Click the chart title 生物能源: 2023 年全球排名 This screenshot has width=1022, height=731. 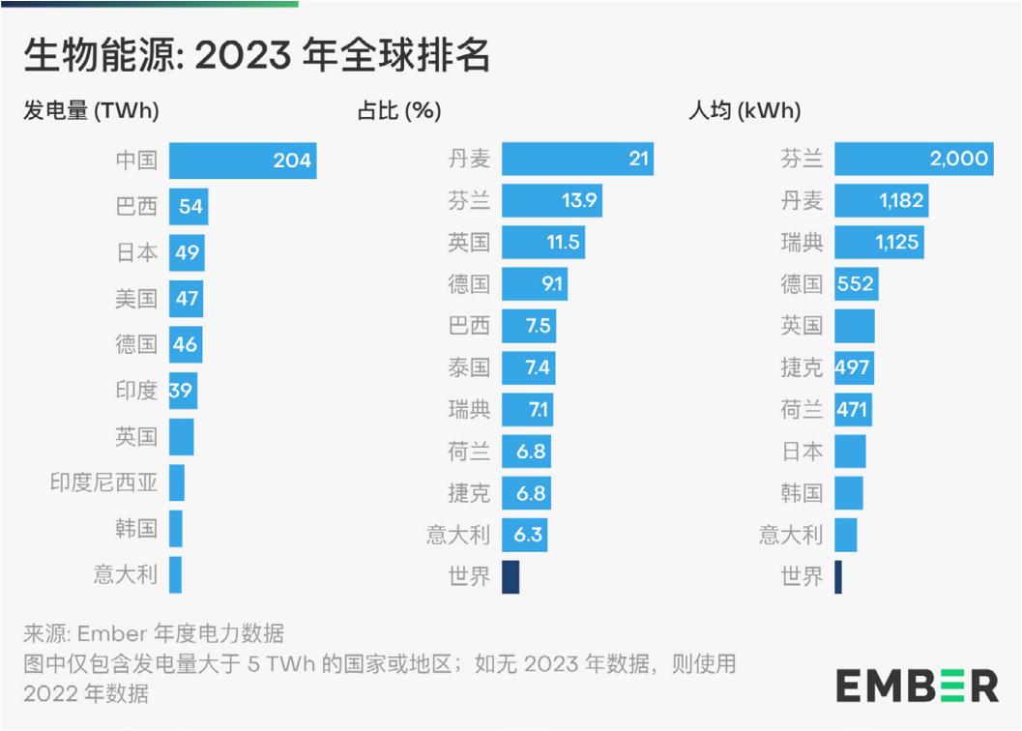[x=257, y=56]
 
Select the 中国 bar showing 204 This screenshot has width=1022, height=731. [x=243, y=161]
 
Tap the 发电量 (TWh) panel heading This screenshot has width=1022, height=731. [x=91, y=111]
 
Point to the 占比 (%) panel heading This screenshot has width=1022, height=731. [x=399, y=111]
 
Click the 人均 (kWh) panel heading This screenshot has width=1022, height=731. [x=745, y=111]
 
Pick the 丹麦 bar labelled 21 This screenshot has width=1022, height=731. [x=577, y=159]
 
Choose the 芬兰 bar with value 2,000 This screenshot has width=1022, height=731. [x=913, y=159]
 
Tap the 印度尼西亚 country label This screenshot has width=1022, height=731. [x=103, y=482]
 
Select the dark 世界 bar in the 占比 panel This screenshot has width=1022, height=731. [x=511, y=577]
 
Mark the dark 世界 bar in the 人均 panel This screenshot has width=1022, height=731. [x=838, y=577]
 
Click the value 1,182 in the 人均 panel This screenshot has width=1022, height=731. [x=901, y=201]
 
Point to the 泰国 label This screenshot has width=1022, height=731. [x=469, y=367]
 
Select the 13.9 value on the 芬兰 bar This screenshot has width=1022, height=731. [x=580, y=201]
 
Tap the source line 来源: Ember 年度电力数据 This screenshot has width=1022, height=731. [x=154, y=634]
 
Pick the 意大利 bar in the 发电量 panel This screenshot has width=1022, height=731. [x=175, y=574]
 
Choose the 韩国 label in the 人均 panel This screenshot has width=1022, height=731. [x=802, y=493]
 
